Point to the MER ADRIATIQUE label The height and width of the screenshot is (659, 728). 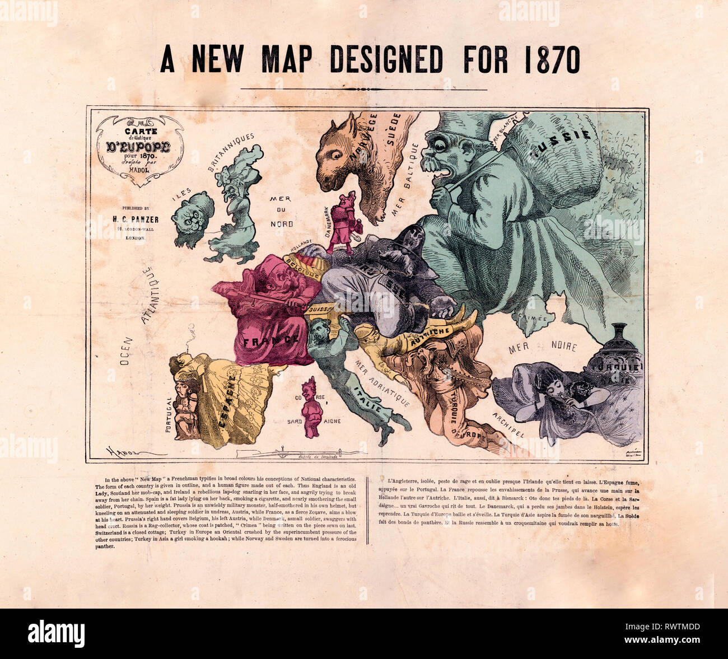[382, 382]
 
